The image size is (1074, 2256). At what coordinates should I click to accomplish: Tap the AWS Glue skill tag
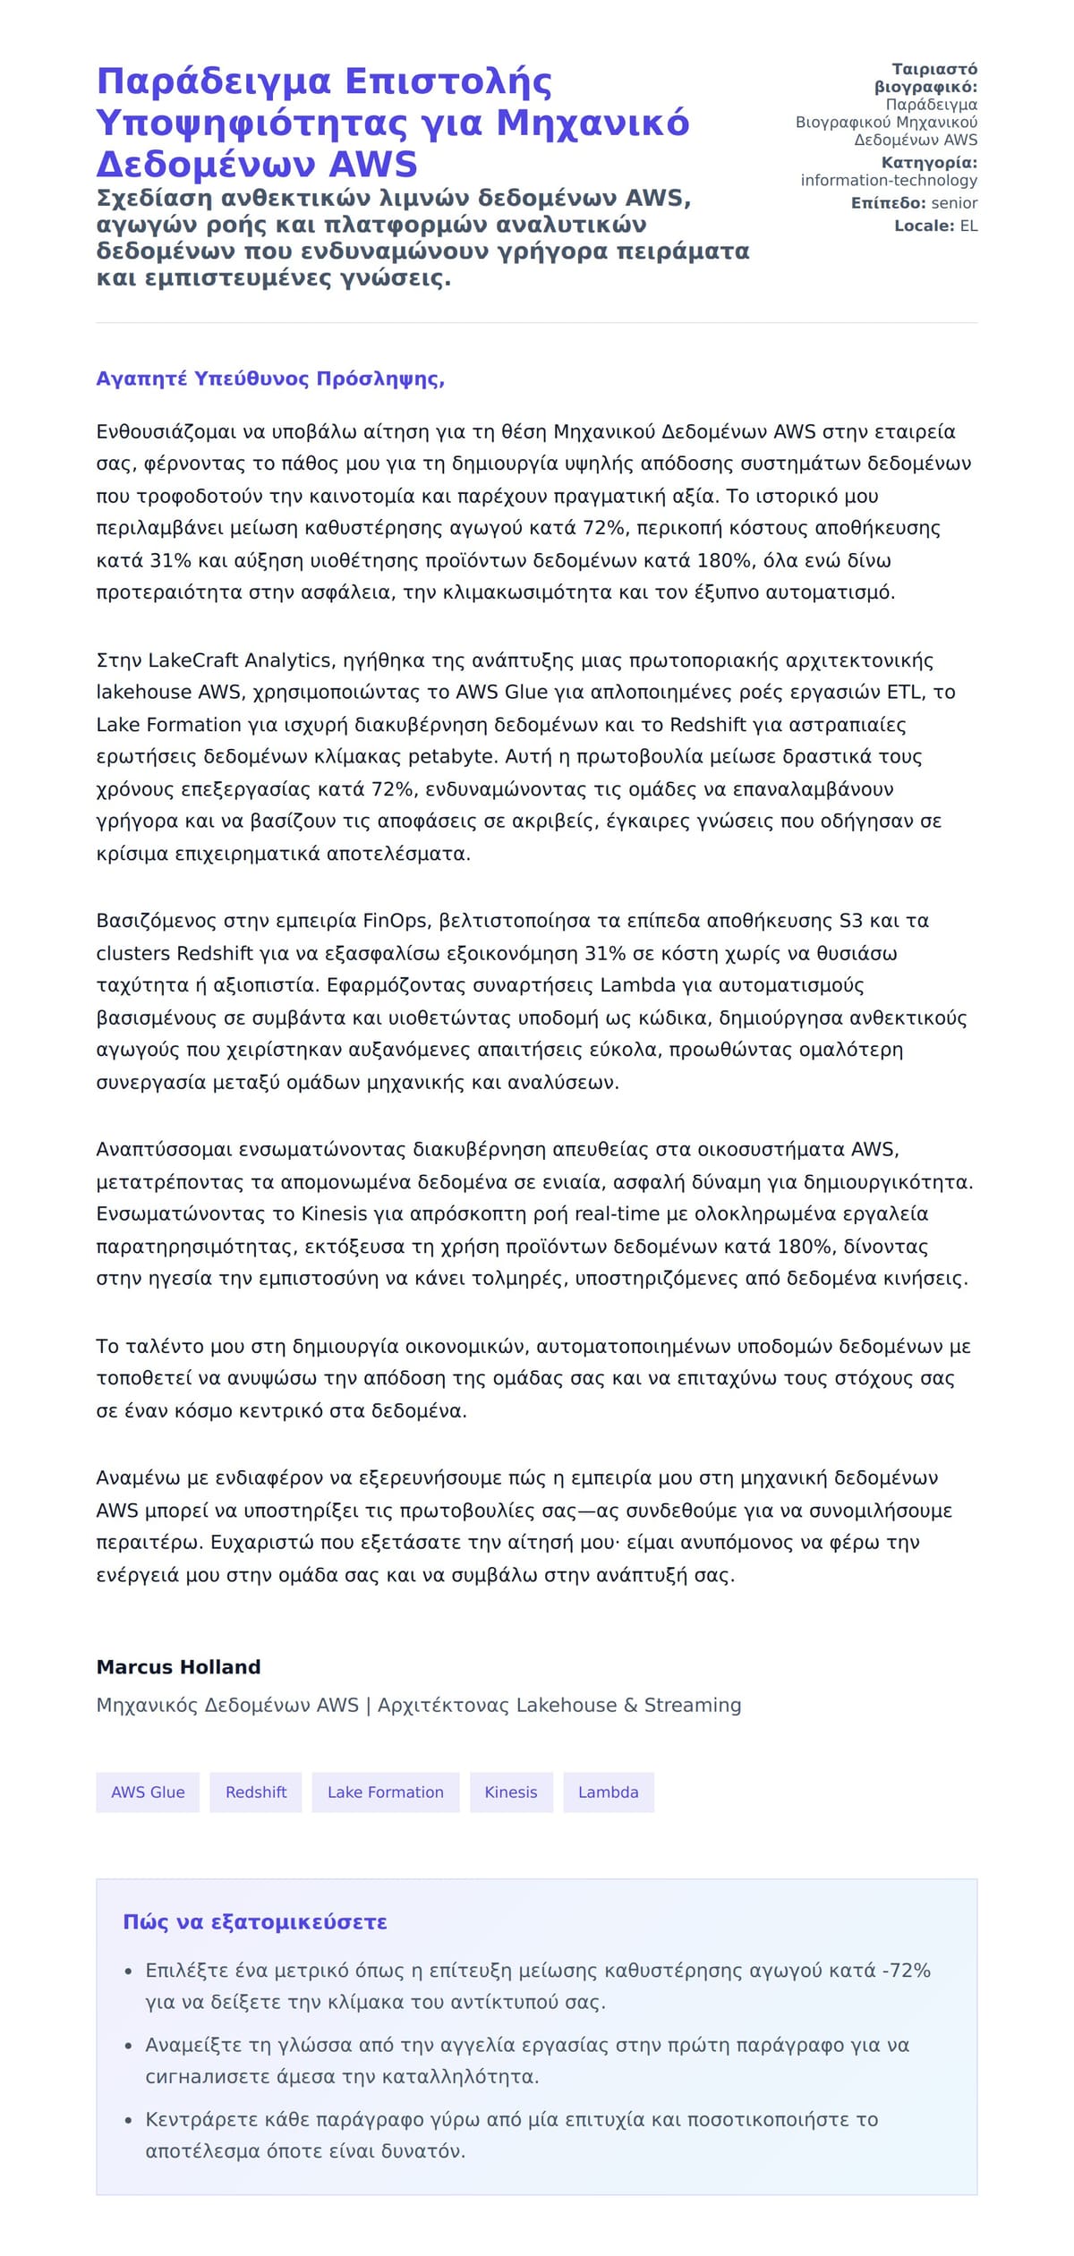(x=148, y=1792)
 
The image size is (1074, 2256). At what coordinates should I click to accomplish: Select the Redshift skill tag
(x=256, y=1792)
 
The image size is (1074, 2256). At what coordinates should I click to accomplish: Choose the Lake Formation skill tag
(x=385, y=1792)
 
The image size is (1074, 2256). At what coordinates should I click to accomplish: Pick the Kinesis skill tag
(x=511, y=1792)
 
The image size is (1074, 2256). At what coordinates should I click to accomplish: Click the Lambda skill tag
(x=608, y=1792)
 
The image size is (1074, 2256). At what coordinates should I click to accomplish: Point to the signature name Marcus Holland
(x=178, y=1666)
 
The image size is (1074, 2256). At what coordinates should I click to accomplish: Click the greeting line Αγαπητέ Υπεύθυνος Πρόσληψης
(x=270, y=379)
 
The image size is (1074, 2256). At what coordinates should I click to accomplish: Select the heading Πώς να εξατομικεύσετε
(x=254, y=1921)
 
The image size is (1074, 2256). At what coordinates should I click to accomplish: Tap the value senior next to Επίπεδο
(x=954, y=203)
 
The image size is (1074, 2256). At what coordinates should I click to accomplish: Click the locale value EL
(x=968, y=226)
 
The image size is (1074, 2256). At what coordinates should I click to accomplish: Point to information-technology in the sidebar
(x=889, y=180)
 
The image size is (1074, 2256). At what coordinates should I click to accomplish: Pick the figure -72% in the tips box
(x=906, y=1970)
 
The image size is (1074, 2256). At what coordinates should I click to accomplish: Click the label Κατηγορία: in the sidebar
(x=929, y=163)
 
